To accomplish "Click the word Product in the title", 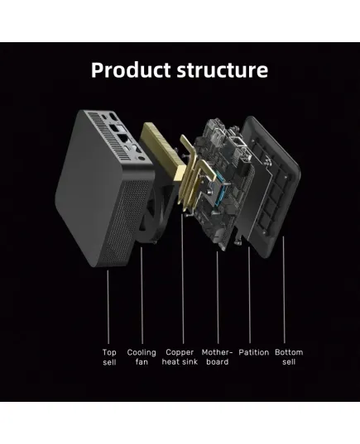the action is point(131,70).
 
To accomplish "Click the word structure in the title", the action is point(223,70).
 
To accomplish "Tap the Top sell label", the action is point(109,357).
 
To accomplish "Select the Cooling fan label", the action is point(142,357).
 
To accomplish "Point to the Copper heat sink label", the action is point(180,357).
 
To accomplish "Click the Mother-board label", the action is point(217,357).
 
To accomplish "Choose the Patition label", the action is point(254,352).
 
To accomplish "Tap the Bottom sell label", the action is point(289,357).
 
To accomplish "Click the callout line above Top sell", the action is point(108,307).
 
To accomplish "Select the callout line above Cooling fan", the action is point(142,295).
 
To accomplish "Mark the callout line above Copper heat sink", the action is point(183,279).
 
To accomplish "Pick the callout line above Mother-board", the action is point(218,298).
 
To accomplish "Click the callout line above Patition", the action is point(249,295).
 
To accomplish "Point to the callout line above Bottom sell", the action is point(284,290).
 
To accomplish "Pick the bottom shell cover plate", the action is point(271,186).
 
